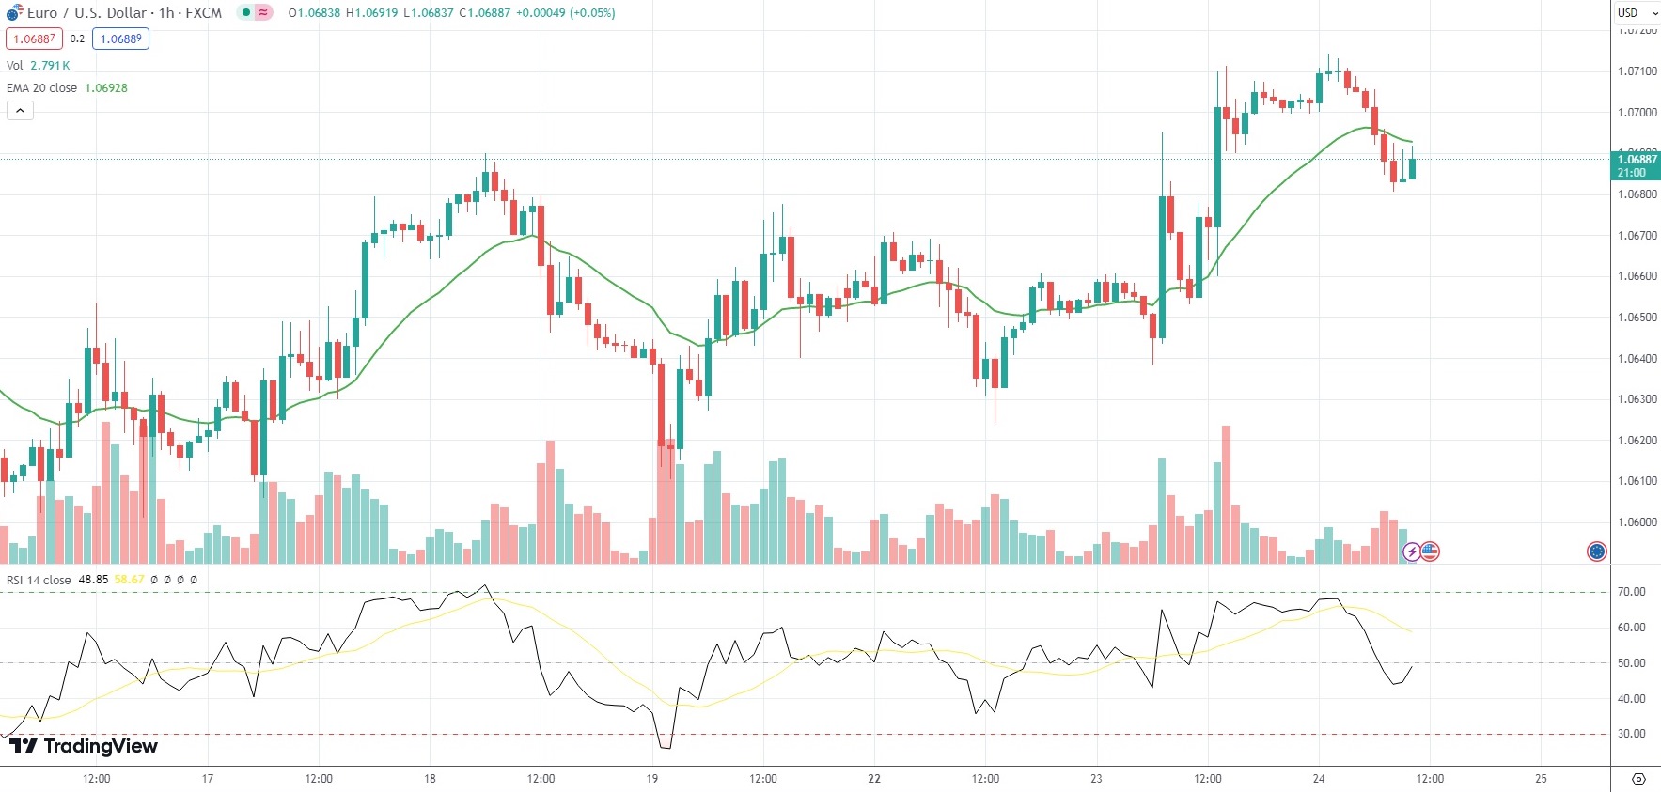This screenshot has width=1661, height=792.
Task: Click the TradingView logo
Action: (x=84, y=746)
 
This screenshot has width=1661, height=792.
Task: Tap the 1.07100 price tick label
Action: (x=1637, y=71)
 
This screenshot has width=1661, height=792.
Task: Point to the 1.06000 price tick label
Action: (x=1637, y=522)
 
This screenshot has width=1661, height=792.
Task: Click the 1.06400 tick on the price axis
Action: (x=1637, y=359)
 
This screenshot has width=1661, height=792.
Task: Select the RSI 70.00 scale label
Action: (x=1631, y=592)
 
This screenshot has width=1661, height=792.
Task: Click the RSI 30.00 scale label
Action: (x=1631, y=734)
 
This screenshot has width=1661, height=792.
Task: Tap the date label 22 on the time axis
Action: (x=874, y=779)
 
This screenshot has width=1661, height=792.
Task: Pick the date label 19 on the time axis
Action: (x=652, y=779)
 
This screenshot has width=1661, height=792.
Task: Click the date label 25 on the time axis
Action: (x=1541, y=779)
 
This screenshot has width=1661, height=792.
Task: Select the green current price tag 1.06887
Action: (x=1637, y=165)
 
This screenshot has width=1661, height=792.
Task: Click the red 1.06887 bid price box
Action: (x=34, y=39)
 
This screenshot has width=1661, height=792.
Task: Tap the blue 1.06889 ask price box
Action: (x=120, y=39)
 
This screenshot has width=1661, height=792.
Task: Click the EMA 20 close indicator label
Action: (x=42, y=88)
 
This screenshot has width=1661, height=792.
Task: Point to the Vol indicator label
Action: (x=15, y=66)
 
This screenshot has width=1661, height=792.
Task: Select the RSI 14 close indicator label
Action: (x=39, y=580)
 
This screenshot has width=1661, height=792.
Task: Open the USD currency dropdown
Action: (x=1637, y=13)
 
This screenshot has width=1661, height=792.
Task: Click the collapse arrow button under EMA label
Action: (x=20, y=111)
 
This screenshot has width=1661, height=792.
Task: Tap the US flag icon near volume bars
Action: (x=1430, y=551)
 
